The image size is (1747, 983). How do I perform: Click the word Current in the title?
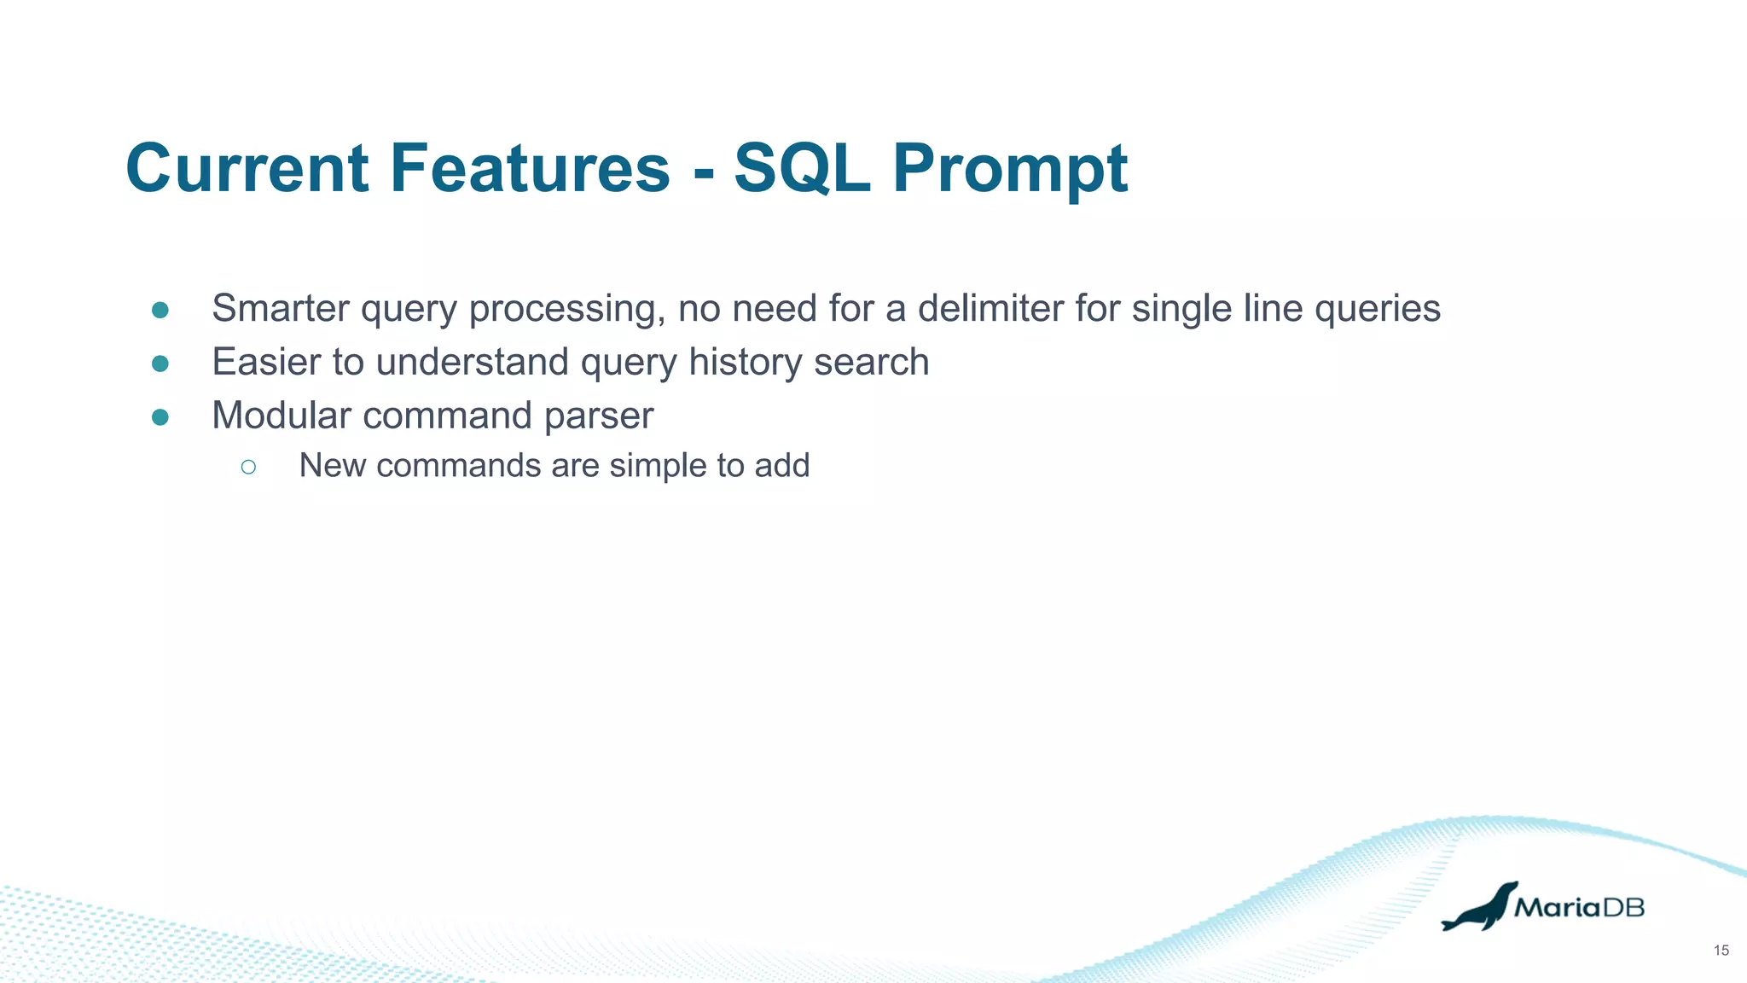[247, 168]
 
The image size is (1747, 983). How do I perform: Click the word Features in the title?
[530, 168]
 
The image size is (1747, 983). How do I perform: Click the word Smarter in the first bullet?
[281, 308]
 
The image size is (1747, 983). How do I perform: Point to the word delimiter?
[990, 308]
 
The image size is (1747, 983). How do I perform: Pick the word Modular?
[281, 416]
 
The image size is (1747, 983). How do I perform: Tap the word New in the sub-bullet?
[332, 466]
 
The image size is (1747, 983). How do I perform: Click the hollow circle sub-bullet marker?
[248, 467]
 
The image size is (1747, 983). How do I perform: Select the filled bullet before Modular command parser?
[160, 417]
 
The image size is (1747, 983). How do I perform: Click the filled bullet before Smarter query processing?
[160, 310]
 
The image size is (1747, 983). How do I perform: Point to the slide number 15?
[1721, 951]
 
